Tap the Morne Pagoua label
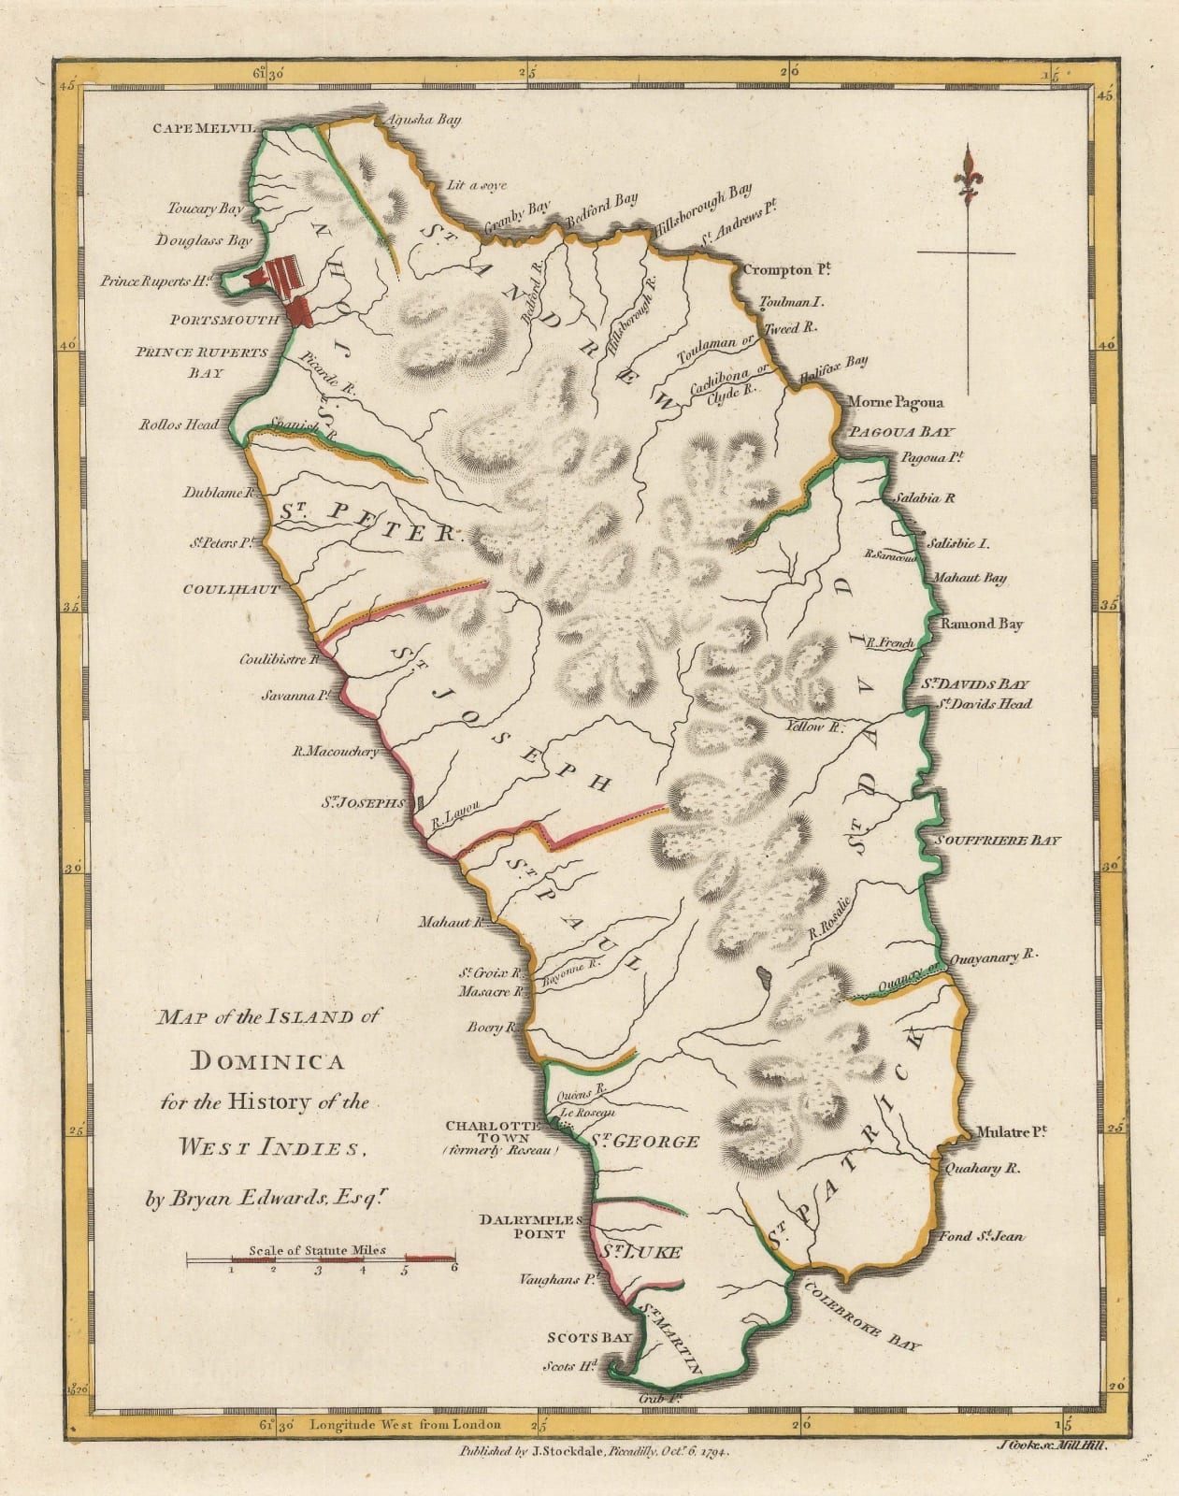(895, 402)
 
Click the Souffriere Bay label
(1000, 841)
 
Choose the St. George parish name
(644, 1142)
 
